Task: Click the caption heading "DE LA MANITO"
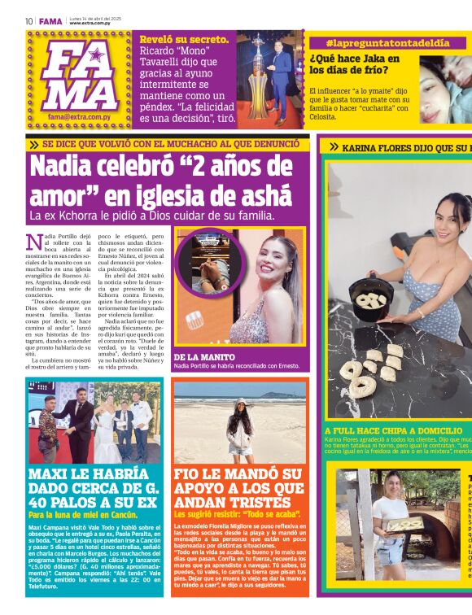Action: click(x=203, y=356)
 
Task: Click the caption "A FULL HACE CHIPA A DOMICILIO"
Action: click(x=392, y=430)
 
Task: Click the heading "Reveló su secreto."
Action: click(x=184, y=39)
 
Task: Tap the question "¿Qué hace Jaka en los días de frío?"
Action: click(x=355, y=64)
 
